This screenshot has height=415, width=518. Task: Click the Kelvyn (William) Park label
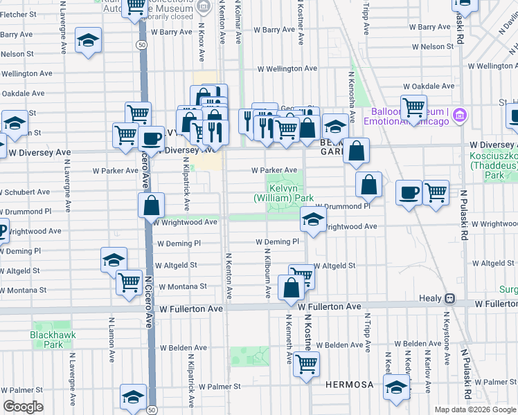tap(283, 193)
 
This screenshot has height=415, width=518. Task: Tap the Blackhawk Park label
tap(46, 339)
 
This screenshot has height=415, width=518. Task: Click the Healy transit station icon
tap(449, 298)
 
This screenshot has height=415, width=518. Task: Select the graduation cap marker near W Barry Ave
tap(88, 39)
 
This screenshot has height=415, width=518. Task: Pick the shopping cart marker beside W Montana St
tap(129, 282)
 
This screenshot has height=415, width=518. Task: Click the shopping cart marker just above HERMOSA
tap(306, 362)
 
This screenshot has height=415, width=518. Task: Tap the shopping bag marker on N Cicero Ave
tap(151, 205)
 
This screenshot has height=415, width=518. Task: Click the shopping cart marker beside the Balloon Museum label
tap(413, 107)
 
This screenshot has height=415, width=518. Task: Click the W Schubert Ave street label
tap(25, 192)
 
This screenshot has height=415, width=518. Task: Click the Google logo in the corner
tap(22, 407)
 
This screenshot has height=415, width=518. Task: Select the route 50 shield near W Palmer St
tap(152, 409)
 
